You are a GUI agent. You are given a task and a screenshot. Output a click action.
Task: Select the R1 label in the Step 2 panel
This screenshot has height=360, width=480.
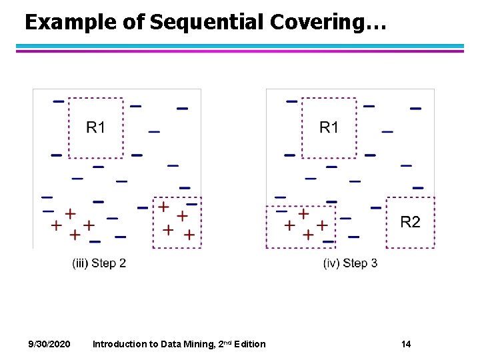(96, 127)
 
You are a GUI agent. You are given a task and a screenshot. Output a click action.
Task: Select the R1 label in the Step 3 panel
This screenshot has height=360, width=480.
(329, 127)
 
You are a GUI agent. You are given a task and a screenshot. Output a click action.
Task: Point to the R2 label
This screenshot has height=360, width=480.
(410, 222)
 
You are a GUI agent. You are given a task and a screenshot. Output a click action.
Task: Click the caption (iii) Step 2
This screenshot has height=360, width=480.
(99, 263)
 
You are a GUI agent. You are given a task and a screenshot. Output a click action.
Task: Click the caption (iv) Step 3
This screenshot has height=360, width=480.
(350, 263)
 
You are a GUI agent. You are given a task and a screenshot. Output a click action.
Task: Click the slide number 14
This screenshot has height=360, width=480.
(406, 344)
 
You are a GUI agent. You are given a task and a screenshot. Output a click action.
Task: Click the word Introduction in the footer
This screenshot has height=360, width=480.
(119, 344)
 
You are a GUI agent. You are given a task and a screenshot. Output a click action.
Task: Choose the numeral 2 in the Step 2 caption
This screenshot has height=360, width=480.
(123, 263)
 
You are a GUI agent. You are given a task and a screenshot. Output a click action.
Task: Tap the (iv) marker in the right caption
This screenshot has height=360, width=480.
(330, 263)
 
